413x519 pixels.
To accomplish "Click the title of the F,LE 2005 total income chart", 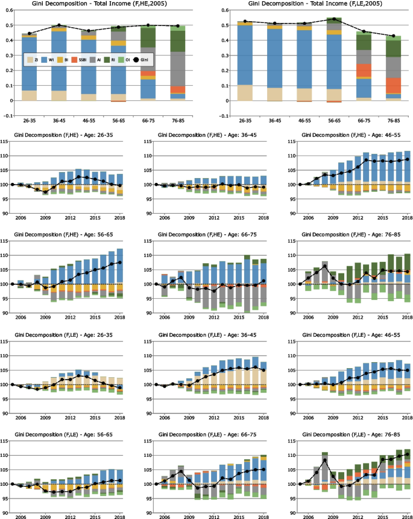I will pyautogui.click(x=309, y=4).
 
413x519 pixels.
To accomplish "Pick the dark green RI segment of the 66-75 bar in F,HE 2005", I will pyautogui.click(x=148, y=37).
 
